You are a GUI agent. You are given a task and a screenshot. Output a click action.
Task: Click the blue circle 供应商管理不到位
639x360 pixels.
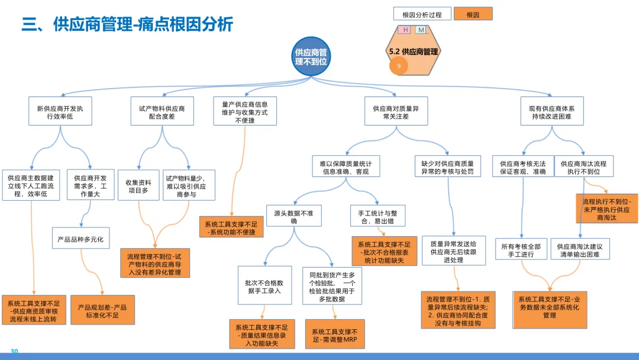[311, 56]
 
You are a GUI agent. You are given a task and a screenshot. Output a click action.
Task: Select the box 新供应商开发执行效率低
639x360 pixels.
[60, 112]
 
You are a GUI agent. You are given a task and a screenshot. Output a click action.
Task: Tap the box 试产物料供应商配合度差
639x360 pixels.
[162, 112]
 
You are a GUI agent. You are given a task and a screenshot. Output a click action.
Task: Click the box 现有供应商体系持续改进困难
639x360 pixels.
[552, 112]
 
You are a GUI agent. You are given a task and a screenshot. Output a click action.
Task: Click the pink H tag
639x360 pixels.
[406, 30]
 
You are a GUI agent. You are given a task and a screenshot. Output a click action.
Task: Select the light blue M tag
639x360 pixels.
[421, 30]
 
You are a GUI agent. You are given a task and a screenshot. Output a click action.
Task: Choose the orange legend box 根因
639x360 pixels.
[473, 14]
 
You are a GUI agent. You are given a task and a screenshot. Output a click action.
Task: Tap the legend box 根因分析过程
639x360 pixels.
[422, 14]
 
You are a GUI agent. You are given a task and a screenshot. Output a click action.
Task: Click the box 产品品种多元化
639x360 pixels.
[80, 239]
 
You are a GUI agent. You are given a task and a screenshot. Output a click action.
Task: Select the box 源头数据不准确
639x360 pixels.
[294, 216]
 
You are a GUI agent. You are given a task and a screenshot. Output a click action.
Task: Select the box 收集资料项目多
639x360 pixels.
[138, 186]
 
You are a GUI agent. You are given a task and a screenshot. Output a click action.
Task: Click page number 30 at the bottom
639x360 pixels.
[15, 352]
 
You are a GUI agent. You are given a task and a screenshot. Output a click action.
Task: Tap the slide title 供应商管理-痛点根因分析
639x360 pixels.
[127, 24]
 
